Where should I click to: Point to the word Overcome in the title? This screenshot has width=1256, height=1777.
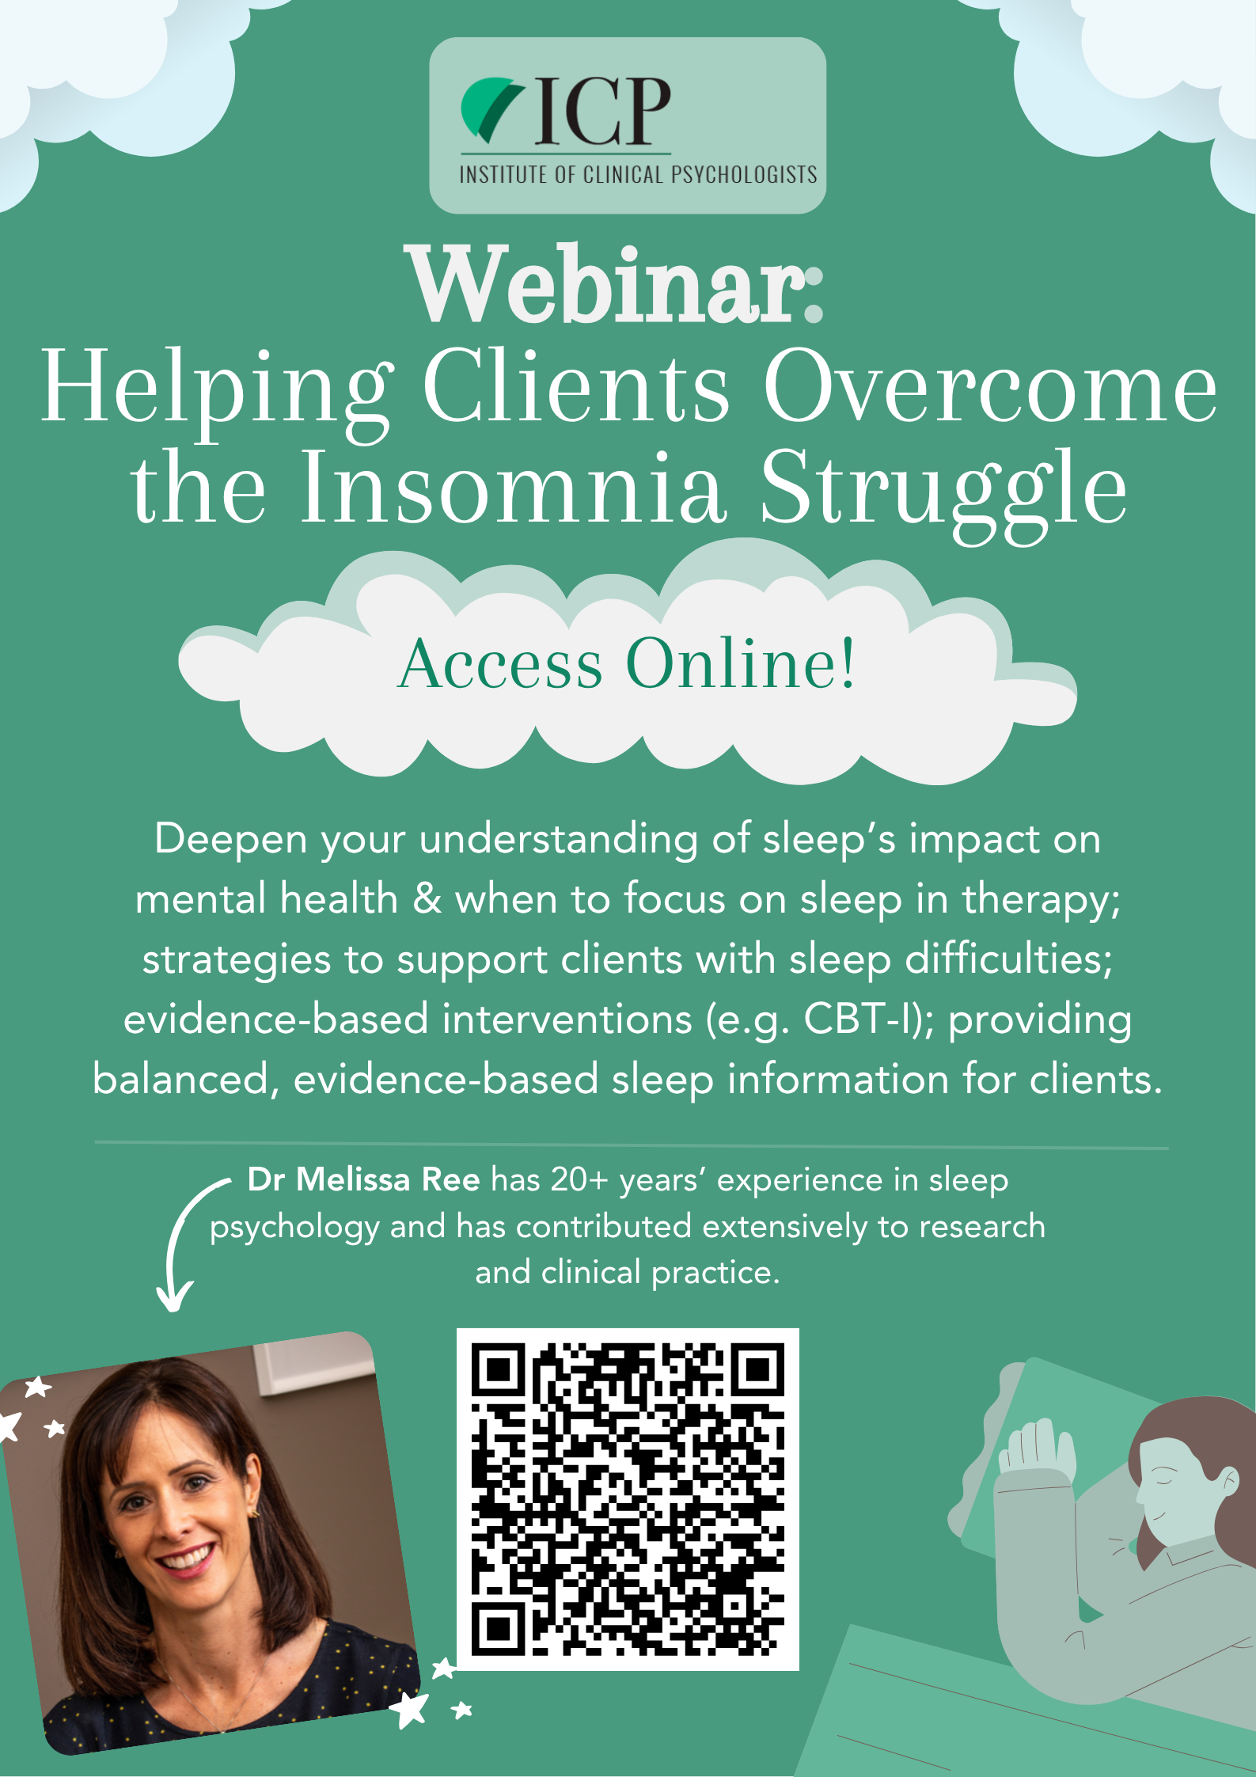[x=989, y=388]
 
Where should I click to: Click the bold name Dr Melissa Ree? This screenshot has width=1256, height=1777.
[x=364, y=1179]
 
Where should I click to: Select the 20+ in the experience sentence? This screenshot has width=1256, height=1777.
[x=579, y=1179]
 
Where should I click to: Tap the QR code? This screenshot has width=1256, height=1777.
[x=628, y=1499]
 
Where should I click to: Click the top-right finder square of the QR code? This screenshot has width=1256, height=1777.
[x=757, y=1369]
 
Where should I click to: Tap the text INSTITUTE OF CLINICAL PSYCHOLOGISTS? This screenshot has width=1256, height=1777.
[x=638, y=174]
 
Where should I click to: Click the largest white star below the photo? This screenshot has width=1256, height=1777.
[x=411, y=1710]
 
